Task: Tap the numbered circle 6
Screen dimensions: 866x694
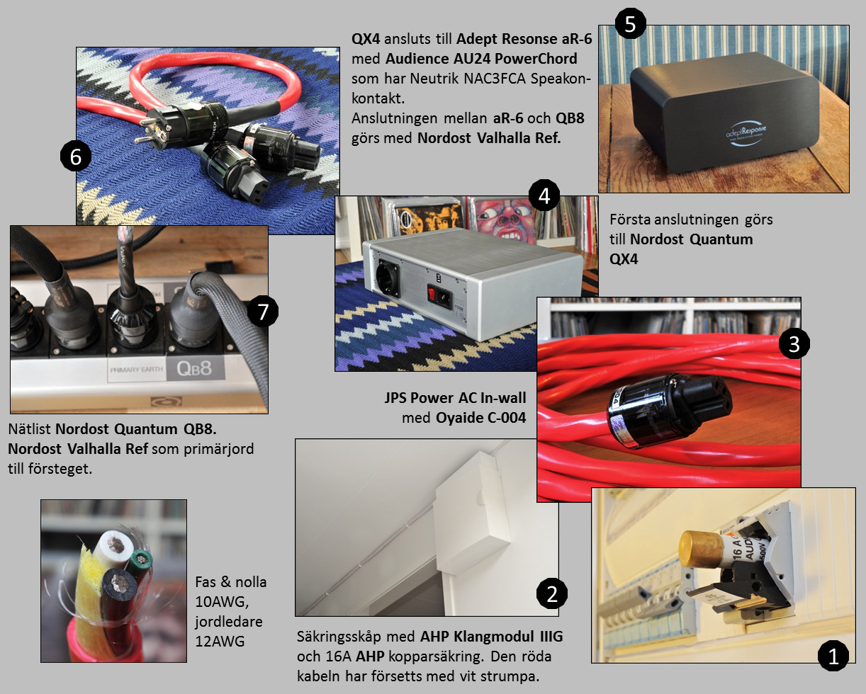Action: pyautogui.click(x=76, y=156)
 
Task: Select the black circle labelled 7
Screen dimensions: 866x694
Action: pyautogui.click(x=263, y=312)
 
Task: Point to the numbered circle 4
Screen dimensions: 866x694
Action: pyautogui.click(x=544, y=196)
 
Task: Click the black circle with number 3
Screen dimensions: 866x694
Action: pyautogui.click(x=794, y=343)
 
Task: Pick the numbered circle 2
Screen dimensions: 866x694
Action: pyautogui.click(x=552, y=594)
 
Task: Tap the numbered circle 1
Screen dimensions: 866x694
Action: pyautogui.click(x=833, y=656)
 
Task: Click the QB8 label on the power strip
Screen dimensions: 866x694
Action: pyautogui.click(x=194, y=368)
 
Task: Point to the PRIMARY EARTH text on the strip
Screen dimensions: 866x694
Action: pyautogui.click(x=136, y=370)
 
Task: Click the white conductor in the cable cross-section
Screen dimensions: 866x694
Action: pyautogui.click(x=114, y=547)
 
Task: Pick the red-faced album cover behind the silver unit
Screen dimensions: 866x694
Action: pyautogui.click(x=502, y=220)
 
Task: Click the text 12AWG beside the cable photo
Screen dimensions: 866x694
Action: pyautogui.click(x=220, y=642)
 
